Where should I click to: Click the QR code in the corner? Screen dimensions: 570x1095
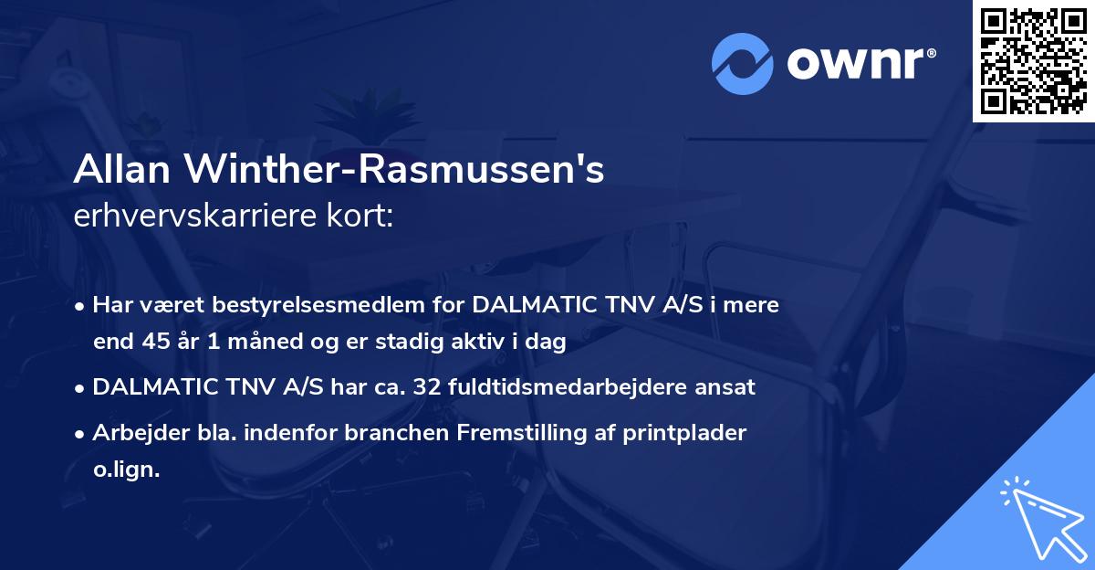pyautogui.click(x=1034, y=60)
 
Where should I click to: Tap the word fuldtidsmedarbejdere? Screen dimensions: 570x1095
pyautogui.click(x=573, y=387)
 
